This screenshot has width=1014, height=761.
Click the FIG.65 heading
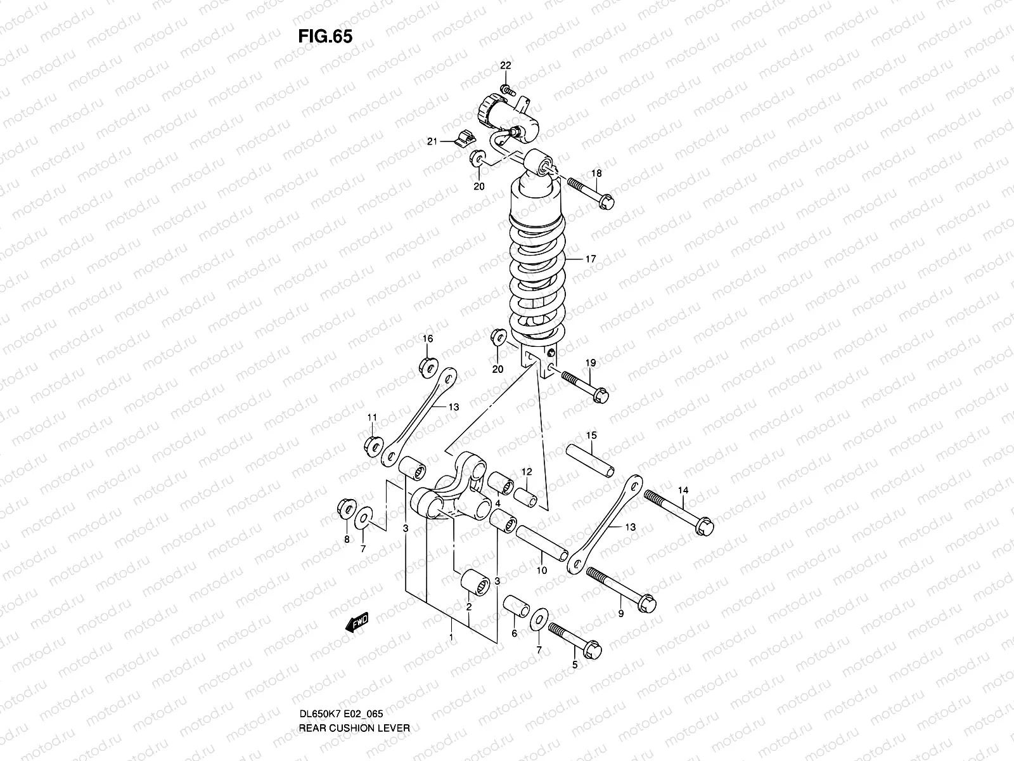tap(324, 36)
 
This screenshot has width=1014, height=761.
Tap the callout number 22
tap(505, 65)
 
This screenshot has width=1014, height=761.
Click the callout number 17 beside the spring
tap(591, 259)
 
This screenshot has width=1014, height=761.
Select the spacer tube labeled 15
tap(590, 460)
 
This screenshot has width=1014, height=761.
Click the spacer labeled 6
tap(515, 606)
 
